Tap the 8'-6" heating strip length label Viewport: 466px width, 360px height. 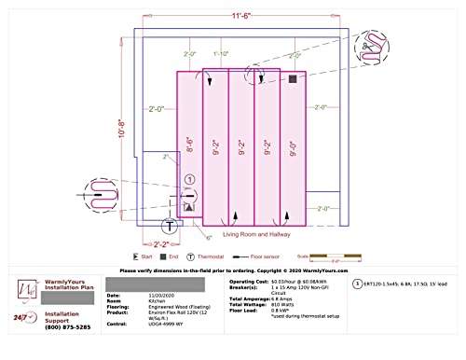pyautogui.click(x=189, y=145)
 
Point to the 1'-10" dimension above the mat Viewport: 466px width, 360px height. pyautogui.click(x=220, y=56)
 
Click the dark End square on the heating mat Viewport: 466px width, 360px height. pyautogui.click(x=293, y=80)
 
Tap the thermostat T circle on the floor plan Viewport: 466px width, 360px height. pyautogui.click(x=170, y=225)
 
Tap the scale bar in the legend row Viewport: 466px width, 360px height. pyautogui.click(x=338, y=256)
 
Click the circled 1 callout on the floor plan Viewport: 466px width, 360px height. pyautogui.click(x=189, y=178)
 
